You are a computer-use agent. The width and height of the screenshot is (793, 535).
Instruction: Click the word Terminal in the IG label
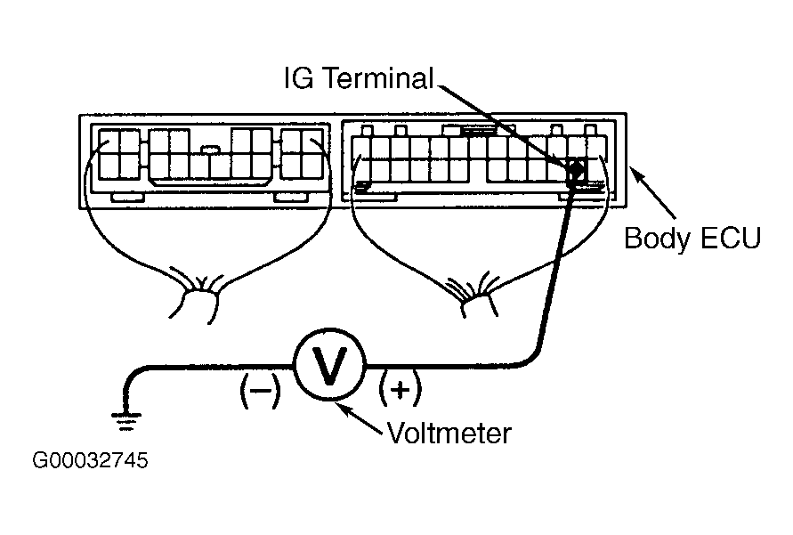click(377, 78)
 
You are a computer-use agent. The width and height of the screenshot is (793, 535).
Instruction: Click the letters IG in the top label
click(299, 78)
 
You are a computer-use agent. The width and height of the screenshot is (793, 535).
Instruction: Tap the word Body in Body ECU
click(657, 239)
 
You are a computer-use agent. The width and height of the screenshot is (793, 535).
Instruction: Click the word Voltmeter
click(449, 433)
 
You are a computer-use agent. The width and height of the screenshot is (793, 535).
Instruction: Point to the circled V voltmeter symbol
click(329, 365)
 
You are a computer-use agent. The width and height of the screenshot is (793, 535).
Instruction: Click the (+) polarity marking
click(400, 389)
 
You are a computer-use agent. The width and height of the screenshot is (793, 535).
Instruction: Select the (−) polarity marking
click(260, 391)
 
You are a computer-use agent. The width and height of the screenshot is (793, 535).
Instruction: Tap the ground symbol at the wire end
click(125, 422)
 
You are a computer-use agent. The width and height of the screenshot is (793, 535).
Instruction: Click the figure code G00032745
click(90, 460)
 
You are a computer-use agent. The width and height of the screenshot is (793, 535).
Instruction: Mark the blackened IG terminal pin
click(576, 171)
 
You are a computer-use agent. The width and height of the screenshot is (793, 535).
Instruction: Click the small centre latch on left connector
click(210, 150)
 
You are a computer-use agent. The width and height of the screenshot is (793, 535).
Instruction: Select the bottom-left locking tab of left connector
click(127, 198)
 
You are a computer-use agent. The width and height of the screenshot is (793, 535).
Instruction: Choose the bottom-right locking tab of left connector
click(291, 198)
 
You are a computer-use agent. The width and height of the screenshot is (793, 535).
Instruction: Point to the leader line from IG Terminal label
click(506, 126)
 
